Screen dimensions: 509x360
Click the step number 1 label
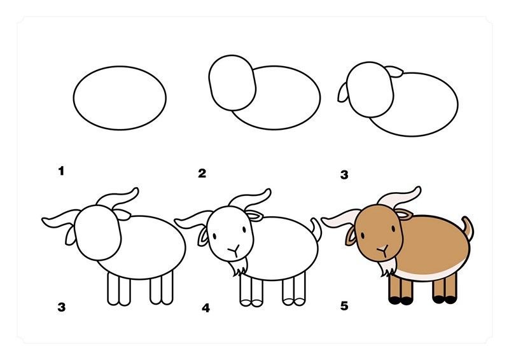click(61, 171)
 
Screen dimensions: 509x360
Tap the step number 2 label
click(202, 174)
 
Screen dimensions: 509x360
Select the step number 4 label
click(206, 308)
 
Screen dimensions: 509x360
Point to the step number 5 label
click(344, 306)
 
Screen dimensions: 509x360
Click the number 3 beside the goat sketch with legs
click(61, 307)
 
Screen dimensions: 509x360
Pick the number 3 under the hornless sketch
click(344, 175)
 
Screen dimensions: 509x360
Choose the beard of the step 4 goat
click(240, 268)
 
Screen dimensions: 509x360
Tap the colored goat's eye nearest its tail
click(393, 228)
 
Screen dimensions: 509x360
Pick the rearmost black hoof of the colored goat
click(450, 300)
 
